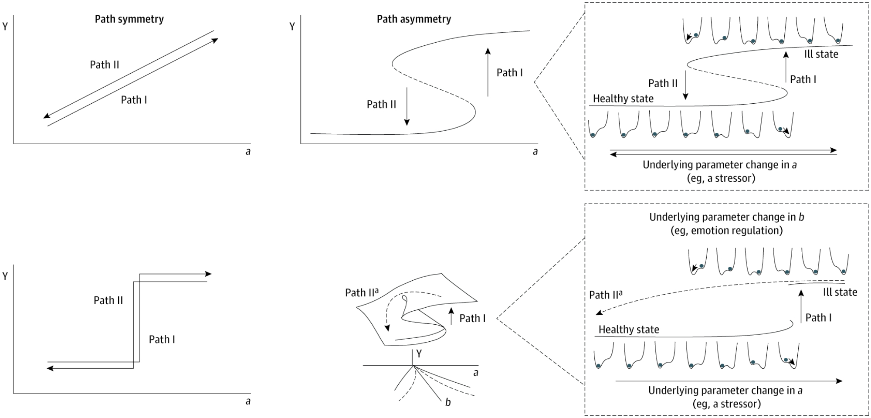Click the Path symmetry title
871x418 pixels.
tap(129, 19)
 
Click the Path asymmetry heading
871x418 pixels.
tap(413, 19)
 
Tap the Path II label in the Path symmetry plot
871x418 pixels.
tap(105, 65)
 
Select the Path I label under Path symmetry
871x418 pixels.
tap(134, 100)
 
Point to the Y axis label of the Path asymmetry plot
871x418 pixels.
tap(292, 27)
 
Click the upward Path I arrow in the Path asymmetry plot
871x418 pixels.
tap(488, 72)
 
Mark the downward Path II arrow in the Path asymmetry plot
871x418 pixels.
tap(407, 106)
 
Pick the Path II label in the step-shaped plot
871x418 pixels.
tap(108, 300)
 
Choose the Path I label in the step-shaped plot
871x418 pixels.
tap(162, 340)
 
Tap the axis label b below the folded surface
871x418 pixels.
tap(448, 402)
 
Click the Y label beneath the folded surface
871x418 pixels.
tap(419, 353)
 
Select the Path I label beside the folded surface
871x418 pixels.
tap(472, 318)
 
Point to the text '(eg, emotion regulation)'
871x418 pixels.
tap(726, 231)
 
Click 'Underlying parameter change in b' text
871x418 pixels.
tap(726, 217)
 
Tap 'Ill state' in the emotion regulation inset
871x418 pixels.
tap(840, 292)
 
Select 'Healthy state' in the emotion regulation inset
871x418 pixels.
tap(628, 330)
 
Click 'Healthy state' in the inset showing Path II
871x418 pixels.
tap(623, 99)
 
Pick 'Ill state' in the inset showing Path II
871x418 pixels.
tap(821, 54)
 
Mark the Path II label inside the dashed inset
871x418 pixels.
tap(663, 83)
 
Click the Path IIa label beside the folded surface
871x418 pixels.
tap(362, 292)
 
